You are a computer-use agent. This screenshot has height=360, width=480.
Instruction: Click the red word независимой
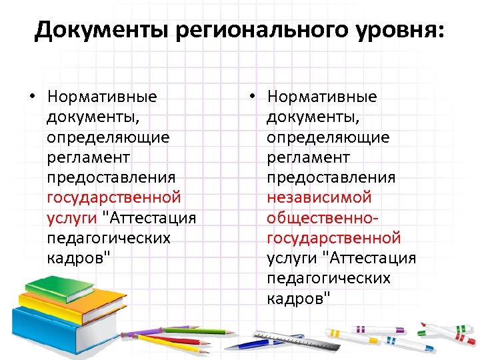coord(319,198)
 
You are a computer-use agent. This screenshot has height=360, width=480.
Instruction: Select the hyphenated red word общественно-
coord(323,218)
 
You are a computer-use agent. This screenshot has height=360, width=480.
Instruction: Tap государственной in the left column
coord(114,198)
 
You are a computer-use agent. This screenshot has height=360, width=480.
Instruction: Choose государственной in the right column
coord(333,238)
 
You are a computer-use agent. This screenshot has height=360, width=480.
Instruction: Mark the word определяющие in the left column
coord(108,138)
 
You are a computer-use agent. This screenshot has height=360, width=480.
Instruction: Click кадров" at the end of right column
coord(298,298)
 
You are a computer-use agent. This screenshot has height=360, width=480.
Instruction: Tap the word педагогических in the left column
coord(109,238)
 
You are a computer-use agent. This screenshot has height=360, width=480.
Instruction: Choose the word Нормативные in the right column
coord(322,97)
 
